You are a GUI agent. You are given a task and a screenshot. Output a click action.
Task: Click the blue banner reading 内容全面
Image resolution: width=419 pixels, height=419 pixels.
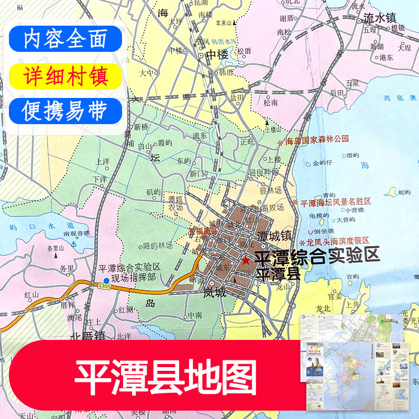[x=65, y=39]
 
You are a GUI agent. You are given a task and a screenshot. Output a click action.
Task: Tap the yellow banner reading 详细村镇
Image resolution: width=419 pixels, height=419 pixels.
[x=65, y=75]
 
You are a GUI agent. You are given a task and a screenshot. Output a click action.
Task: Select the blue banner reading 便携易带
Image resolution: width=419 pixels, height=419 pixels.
[x=65, y=111]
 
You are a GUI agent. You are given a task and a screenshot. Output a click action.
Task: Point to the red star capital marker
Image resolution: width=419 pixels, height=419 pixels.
[x=246, y=259]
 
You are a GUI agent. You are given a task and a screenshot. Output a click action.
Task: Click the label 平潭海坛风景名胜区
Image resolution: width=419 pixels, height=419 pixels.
[x=335, y=202]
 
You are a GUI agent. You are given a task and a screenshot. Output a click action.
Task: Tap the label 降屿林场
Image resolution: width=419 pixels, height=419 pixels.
[x=158, y=245]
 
